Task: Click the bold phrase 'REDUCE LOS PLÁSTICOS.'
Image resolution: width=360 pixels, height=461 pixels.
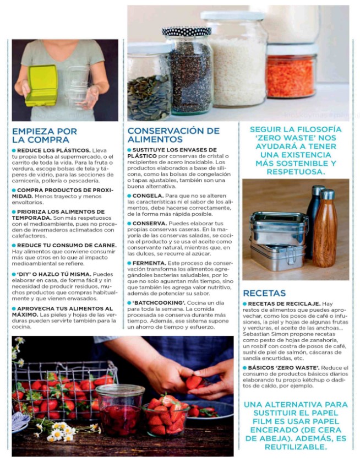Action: pos(53,150)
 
